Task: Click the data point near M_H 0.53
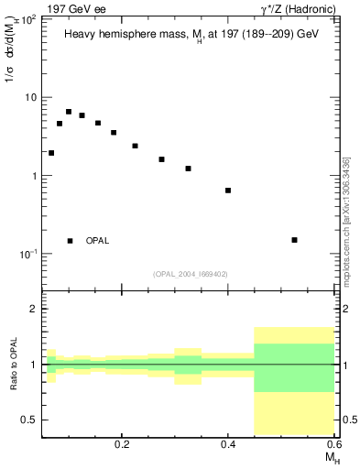pos(294,240)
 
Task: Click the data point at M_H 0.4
pos(228,191)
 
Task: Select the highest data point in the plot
pos(69,112)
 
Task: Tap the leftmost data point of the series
pos(51,153)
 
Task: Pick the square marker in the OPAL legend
pos(70,241)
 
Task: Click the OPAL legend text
pos(97,241)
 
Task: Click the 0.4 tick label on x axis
pos(229,442)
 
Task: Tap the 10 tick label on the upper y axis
pos(30,97)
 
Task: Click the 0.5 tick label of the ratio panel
pos(28,420)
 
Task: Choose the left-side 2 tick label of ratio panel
pos(33,310)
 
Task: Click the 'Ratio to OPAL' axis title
pos(14,365)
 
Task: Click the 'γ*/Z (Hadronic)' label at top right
pos(298,8)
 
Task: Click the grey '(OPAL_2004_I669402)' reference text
pos(191,273)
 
